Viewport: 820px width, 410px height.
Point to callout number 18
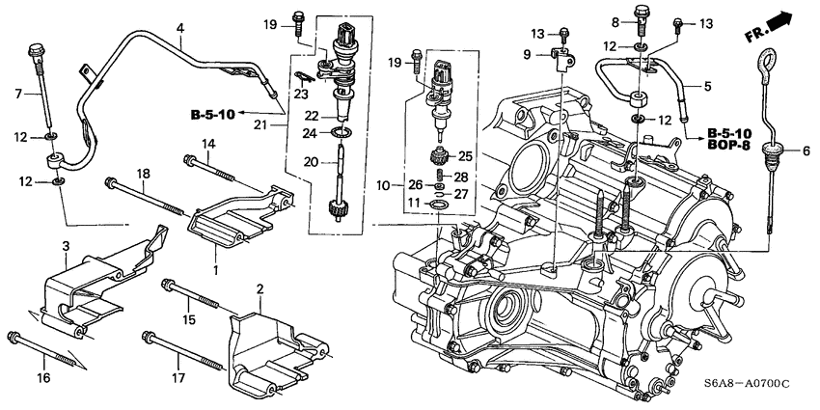click(143, 174)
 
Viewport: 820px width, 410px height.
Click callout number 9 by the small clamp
click(526, 55)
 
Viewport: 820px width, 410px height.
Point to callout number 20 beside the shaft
click(311, 163)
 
